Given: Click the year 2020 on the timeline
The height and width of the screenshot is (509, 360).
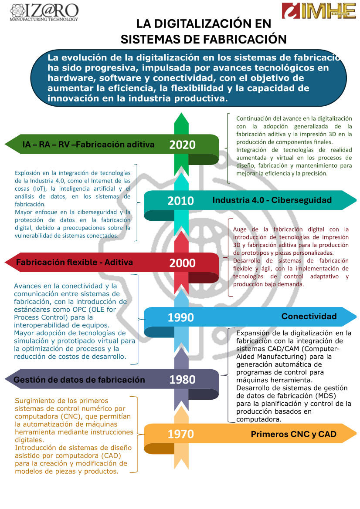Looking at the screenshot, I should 182,145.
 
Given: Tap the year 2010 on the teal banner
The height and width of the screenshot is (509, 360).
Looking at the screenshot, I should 180,201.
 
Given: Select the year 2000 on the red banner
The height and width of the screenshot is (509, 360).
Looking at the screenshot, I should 182,263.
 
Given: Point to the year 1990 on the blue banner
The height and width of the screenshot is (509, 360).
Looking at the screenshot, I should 180,317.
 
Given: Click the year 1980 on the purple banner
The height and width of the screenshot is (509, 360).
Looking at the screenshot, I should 182,380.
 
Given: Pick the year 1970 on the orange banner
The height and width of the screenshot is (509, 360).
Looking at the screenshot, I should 180,434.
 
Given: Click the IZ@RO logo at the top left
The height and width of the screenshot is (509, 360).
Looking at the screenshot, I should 44,11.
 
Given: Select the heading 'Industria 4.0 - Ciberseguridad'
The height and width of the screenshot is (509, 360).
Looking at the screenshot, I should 272,200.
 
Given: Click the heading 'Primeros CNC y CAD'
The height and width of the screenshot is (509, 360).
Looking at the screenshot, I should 294,435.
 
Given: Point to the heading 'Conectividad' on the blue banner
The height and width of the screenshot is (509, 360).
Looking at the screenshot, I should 309,317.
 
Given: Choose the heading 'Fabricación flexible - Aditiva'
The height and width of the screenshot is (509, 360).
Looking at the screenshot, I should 74,263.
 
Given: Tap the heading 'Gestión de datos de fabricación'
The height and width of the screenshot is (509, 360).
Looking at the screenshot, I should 79,380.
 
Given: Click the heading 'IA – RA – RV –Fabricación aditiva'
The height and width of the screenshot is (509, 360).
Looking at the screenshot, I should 88,145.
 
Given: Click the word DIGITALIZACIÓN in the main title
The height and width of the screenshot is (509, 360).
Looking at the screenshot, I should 198,24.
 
